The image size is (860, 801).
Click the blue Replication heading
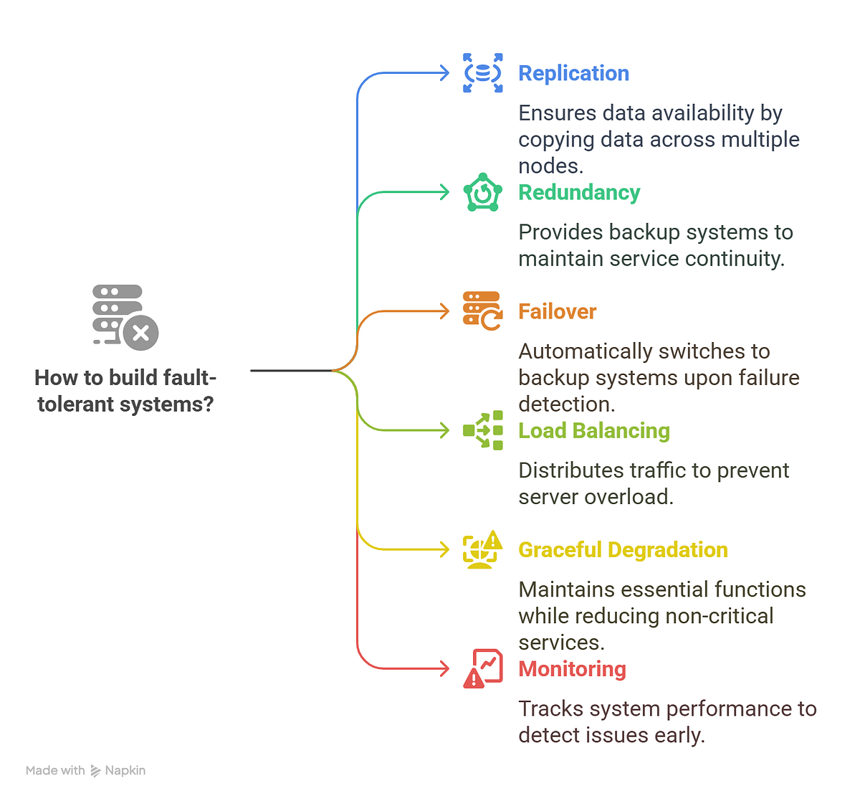tap(573, 73)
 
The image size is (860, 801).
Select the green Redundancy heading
tap(579, 192)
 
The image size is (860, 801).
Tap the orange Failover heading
tap(557, 311)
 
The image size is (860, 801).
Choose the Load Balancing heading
tap(593, 430)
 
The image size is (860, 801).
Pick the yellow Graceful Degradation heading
tap(623, 549)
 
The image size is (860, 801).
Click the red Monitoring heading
tap(572, 668)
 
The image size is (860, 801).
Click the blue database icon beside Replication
tap(482, 72)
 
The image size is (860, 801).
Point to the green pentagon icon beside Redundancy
tap(482, 192)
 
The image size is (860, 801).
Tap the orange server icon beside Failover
tap(482, 311)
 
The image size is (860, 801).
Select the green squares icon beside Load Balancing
tap(482, 430)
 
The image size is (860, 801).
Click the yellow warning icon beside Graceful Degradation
tap(482, 549)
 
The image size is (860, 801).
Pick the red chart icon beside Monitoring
tap(482, 668)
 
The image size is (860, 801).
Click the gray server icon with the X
tap(125, 317)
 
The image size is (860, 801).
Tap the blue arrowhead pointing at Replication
tap(445, 72)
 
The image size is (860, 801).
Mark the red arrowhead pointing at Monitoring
tap(445, 668)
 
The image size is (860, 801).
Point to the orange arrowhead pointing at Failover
tap(445, 311)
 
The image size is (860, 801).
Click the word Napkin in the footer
tap(125, 770)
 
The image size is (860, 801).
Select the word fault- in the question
tap(189, 377)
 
